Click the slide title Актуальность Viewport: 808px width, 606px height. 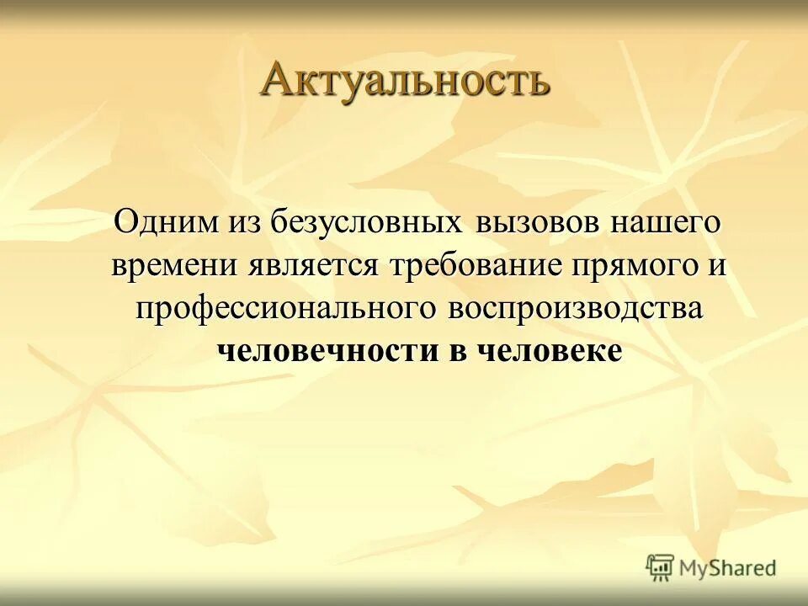[405, 80]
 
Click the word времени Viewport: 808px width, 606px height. [175, 266]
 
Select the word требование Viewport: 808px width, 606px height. [481, 266]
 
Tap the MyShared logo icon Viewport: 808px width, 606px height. [660, 567]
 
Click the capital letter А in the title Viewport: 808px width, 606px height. [279, 80]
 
